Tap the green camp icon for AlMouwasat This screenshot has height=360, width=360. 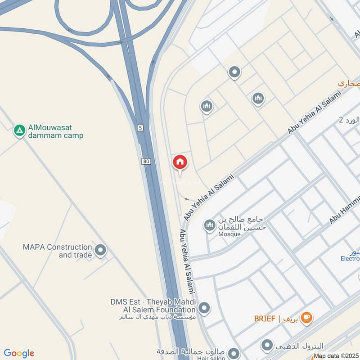pos(19,131)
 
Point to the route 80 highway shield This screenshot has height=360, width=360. pos(145,161)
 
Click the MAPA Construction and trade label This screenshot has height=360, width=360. pos(57,251)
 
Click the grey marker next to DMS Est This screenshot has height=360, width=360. pos(204,308)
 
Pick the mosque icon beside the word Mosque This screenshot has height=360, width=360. pos(209,225)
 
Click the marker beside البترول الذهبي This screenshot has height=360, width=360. pos(268,346)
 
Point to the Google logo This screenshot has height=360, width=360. pos(19,353)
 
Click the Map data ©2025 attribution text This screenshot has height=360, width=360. pos(336,356)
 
